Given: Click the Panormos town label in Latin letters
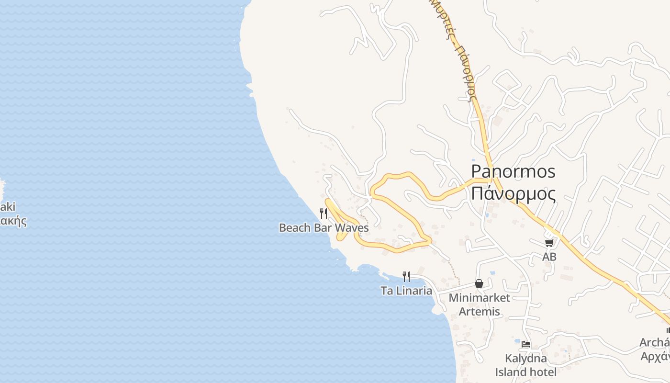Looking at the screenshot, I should pyautogui.click(x=513, y=171).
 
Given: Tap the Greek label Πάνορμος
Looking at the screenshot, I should pyautogui.click(x=513, y=194).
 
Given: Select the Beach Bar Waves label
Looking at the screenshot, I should pyautogui.click(x=324, y=228).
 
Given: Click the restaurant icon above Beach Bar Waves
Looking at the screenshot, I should pyautogui.click(x=324, y=213).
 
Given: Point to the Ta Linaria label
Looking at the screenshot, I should pyautogui.click(x=406, y=291).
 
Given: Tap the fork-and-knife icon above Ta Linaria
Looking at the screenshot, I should pyautogui.click(x=406, y=276).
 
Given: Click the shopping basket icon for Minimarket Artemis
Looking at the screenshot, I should pyautogui.click(x=479, y=283).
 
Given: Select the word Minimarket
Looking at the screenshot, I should pyautogui.click(x=479, y=298).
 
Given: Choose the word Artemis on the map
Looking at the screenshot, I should pyautogui.click(x=479, y=312).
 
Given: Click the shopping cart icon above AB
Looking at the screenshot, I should pyautogui.click(x=549, y=243).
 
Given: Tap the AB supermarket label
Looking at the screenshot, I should pyautogui.click(x=549, y=257).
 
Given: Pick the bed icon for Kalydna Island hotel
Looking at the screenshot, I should pyautogui.click(x=526, y=344).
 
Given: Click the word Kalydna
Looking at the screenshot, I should pyautogui.click(x=525, y=358).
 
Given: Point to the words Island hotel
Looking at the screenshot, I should pyautogui.click(x=525, y=372).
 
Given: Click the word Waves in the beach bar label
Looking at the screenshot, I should pyautogui.click(x=353, y=228).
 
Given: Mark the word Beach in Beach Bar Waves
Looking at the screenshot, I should pyautogui.click(x=295, y=228).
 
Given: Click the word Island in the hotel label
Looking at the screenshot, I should pyautogui.click(x=511, y=372).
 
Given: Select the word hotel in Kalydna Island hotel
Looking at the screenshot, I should pyautogui.click(x=543, y=372).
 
